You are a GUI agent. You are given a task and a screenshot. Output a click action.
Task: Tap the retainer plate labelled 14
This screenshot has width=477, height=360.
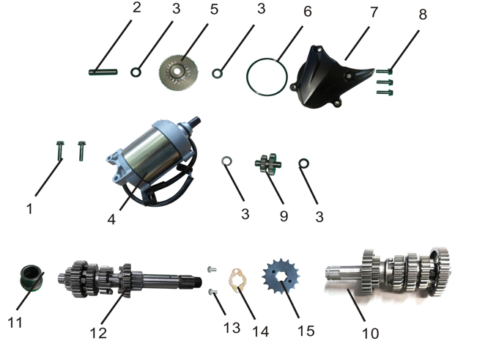(x=238, y=283)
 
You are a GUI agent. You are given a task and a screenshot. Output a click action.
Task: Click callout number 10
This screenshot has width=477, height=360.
(x=371, y=334)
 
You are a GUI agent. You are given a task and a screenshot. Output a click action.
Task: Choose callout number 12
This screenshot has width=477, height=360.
(x=97, y=333)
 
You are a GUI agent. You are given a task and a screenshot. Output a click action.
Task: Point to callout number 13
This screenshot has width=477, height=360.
(x=232, y=328)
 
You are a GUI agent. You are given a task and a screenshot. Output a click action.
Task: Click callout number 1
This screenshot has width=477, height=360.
(x=29, y=209)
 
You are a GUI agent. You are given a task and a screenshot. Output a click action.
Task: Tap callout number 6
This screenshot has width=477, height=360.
(x=307, y=12)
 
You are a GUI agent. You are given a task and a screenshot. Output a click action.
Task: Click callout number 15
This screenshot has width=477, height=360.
(x=306, y=331)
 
